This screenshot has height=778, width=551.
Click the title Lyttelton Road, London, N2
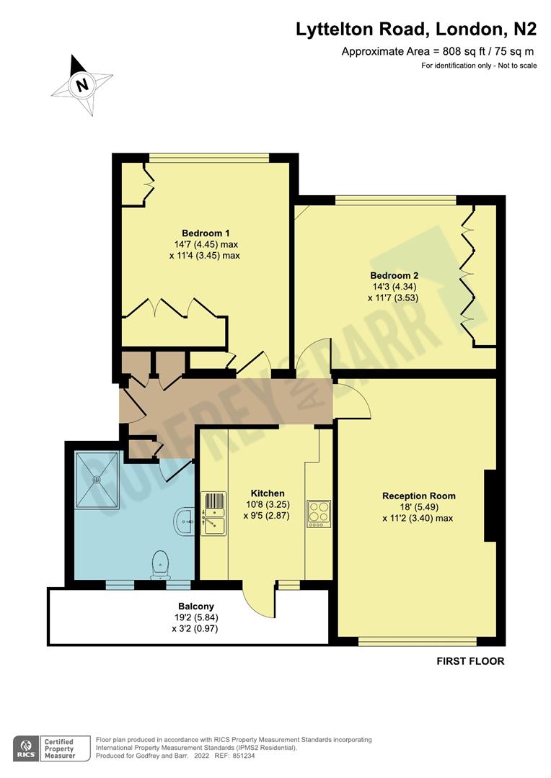click(416, 30)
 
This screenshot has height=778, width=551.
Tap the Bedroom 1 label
click(205, 233)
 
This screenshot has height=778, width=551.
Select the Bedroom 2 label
click(393, 275)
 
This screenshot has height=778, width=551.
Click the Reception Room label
click(418, 496)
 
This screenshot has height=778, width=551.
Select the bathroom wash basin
click(184, 520)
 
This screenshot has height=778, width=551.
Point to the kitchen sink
click(213, 513)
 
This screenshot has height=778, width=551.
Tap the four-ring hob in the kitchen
click(318, 514)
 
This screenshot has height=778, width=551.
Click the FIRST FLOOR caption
click(470, 661)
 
